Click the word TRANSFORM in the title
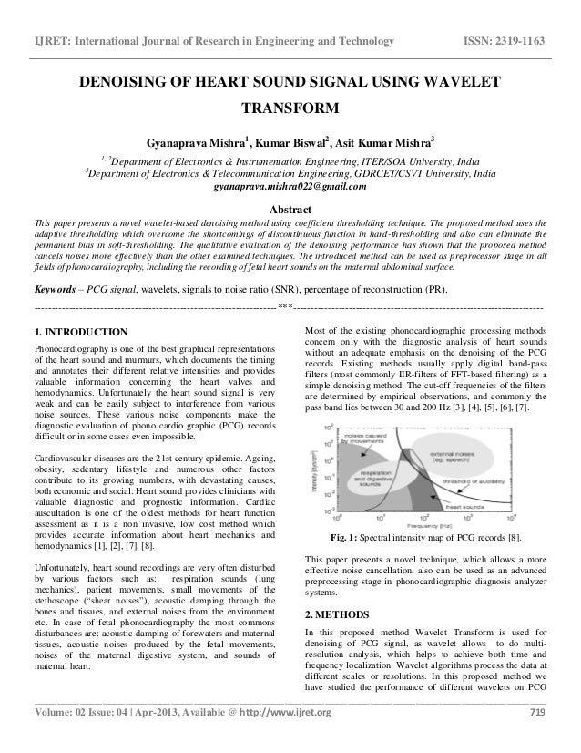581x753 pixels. tap(290, 111)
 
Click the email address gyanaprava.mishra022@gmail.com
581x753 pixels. tap(290, 188)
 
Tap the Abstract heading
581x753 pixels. tap(290, 208)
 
